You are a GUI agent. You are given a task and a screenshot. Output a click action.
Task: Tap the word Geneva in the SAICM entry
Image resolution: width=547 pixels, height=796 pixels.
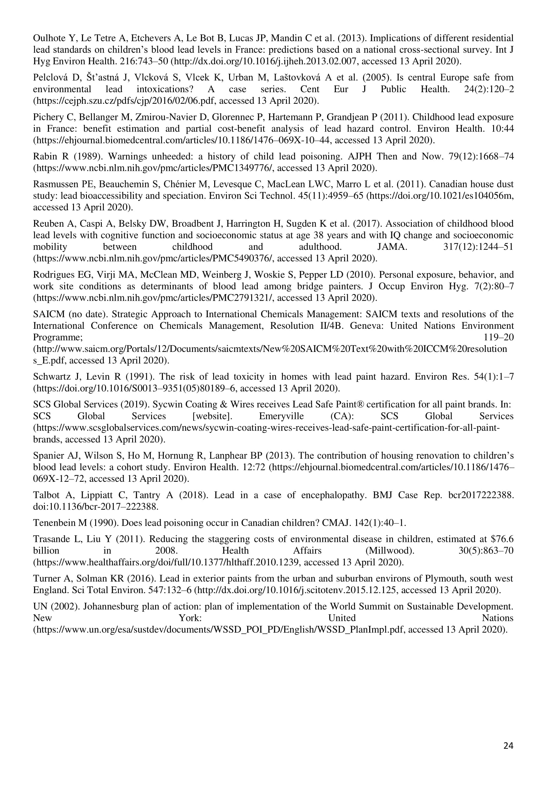click(x=367, y=325)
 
